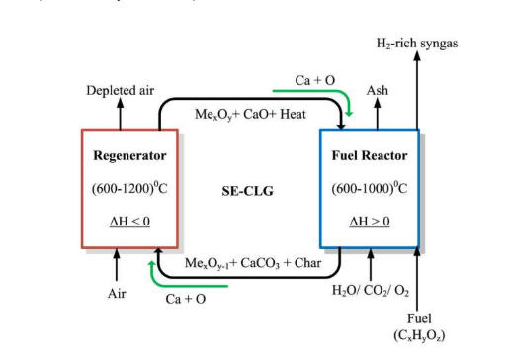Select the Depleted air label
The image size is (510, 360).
coord(121,90)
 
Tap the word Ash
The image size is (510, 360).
coord(378,90)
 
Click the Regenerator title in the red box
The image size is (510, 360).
coord(129,155)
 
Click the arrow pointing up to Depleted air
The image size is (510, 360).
coord(121,114)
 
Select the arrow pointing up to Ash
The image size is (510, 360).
coord(378,114)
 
